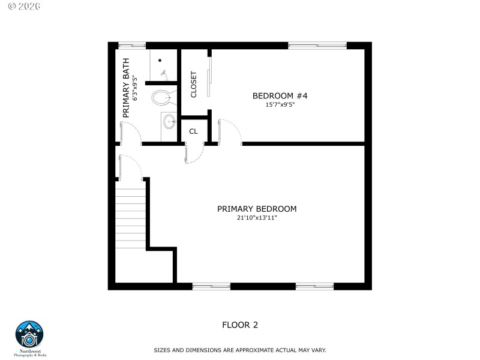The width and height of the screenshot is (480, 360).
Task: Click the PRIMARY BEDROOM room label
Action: click(257, 209)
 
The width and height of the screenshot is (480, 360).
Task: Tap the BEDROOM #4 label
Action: click(280, 95)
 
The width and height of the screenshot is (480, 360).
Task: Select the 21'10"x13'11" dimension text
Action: click(257, 218)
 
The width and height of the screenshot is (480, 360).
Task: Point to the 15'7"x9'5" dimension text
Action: click(280, 104)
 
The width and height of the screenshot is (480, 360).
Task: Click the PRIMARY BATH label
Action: click(126, 88)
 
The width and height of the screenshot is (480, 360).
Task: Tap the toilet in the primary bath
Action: click(161, 97)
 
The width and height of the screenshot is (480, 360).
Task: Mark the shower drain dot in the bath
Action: click(160, 60)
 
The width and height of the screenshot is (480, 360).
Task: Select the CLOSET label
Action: click(193, 85)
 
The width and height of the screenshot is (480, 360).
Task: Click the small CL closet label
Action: click(193, 131)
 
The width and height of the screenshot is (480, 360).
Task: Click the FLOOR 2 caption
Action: click(240, 325)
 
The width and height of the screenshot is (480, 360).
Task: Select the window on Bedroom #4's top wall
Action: click(317, 45)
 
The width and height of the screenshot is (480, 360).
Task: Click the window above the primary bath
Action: click(131, 45)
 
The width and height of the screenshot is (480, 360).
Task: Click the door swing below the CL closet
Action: click(194, 154)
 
